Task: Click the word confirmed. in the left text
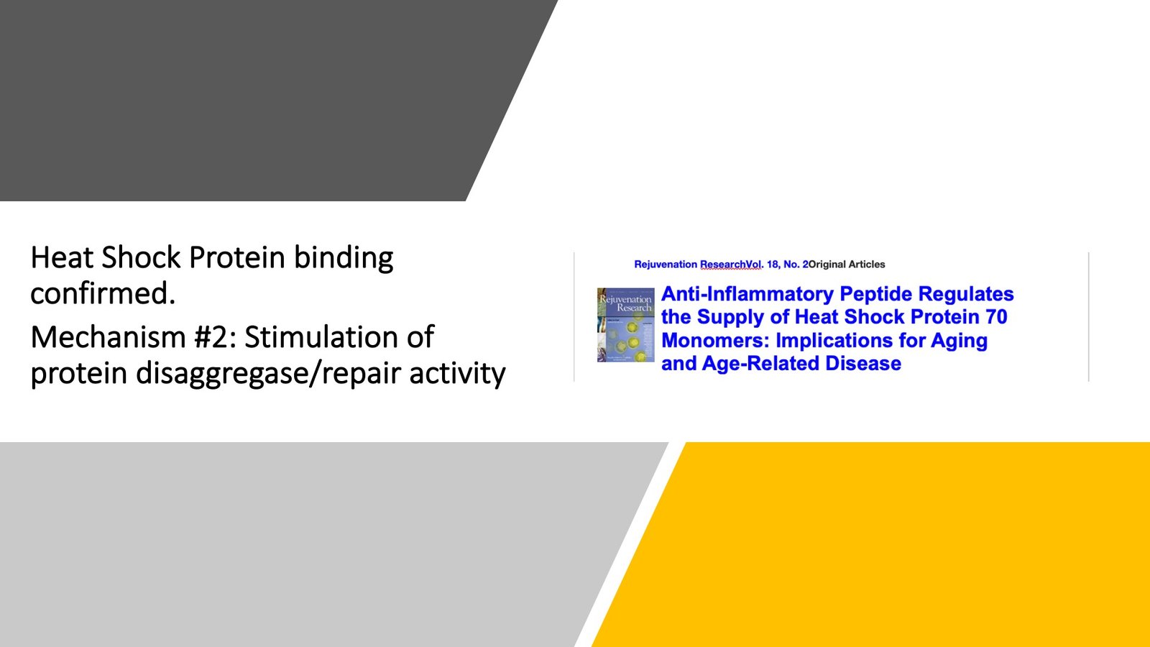(x=103, y=294)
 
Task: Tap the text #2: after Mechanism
(x=215, y=337)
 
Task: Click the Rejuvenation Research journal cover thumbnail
(x=625, y=324)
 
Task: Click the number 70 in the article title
(x=995, y=317)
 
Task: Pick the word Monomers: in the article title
(x=715, y=340)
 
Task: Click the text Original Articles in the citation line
(x=847, y=265)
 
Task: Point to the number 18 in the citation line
(x=773, y=265)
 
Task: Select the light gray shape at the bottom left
(x=287, y=546)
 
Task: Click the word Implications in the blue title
(x=834, y=340)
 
